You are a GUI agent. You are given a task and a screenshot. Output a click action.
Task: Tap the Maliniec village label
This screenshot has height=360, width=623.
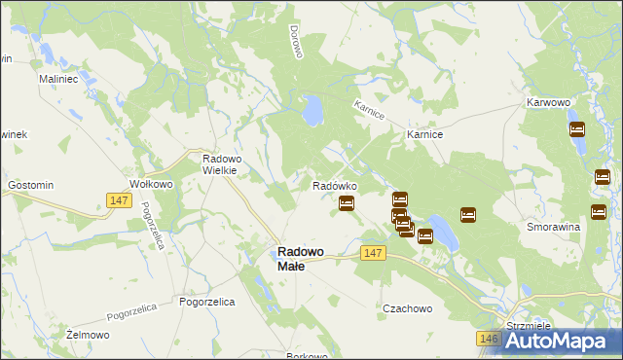pyautogui.click(x=56, y=78)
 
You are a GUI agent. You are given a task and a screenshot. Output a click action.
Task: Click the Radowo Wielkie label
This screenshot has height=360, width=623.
pyautogui.click(x=226, y=164)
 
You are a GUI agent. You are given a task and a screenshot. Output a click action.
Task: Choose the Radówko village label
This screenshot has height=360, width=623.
pyautogui.click(x=334, y=186)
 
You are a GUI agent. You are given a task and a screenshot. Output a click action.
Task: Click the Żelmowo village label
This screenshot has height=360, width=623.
pyautogui.click(x=86, y=334)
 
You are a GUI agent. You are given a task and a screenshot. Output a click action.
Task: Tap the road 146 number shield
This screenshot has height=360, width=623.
pyautogui.click(x=489, y=339)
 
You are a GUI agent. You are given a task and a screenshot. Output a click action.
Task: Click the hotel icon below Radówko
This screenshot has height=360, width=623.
pyautogui.click(x=346, y=203)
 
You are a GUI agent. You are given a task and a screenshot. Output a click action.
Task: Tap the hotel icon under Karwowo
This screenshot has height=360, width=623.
pyautogui.click(x=576, y=129)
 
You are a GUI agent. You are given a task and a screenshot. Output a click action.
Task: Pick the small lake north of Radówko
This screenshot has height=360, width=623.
pyautogui.click(x=312, y=111)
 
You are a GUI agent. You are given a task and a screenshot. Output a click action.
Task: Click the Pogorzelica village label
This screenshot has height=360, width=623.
pyautogui.click(x=207, y=303)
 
